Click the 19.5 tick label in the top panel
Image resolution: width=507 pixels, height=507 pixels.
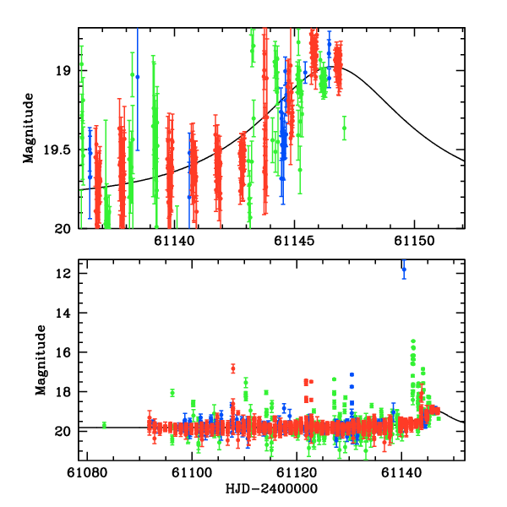(58, 150)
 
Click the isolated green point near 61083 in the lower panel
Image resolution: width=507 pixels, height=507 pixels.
(104, 425)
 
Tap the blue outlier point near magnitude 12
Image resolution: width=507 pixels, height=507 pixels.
(404, 270)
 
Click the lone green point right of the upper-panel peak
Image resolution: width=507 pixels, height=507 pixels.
(344, 128)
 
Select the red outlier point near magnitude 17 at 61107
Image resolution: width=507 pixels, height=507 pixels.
(232, 368)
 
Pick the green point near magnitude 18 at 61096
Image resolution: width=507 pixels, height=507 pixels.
(172, 392)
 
